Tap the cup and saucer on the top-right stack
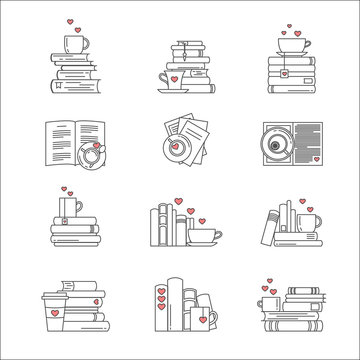click(291, 46)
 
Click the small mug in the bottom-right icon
click(269, 303)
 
